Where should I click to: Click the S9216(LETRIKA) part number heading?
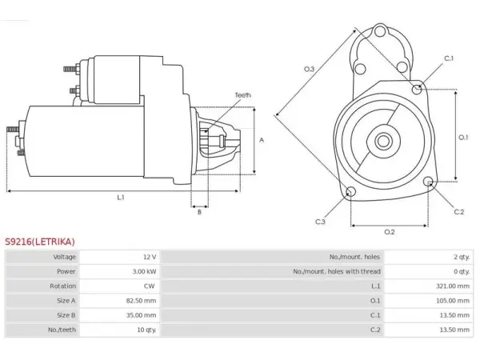point(40,242)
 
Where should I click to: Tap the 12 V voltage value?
point(150,257)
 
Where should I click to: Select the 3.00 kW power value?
point(144,271)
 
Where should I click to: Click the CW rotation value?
point(149,286)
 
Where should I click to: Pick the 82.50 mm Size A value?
point(141,301)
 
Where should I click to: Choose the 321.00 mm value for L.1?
point(453,286)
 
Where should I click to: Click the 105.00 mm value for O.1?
point(453,301)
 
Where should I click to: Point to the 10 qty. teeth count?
point(146,330)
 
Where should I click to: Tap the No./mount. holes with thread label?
point(337,271)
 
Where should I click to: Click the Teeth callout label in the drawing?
point(242,95)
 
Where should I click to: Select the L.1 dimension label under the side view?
point(121,198)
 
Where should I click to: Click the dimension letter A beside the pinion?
point(262,140)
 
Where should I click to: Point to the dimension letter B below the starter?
point(199,212)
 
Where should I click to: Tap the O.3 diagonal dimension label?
point(309,69)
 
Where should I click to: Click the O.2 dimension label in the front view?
point(390,232)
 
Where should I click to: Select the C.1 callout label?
point(449,58)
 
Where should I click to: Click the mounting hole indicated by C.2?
point(428,182)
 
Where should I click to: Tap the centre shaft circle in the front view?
point(382,142)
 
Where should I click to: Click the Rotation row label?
point(62,286)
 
